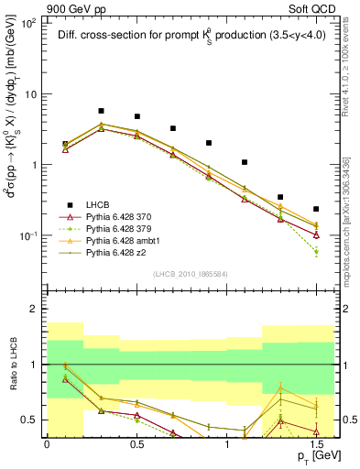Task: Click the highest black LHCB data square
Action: tap(101, 111)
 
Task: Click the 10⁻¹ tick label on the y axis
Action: tap(28, 236)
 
